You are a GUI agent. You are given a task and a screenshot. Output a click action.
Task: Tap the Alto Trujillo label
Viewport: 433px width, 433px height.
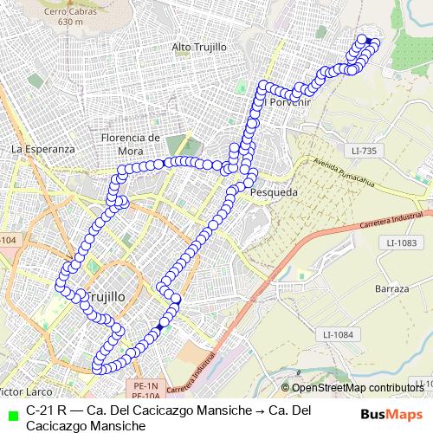[x=199, y=46]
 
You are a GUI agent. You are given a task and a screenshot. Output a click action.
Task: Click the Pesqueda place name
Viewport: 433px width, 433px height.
[x=274, y=193]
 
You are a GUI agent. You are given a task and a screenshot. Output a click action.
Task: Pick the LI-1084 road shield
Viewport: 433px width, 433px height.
[x=338, y=334]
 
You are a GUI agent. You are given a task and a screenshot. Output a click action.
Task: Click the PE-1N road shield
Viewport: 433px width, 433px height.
[x=148, y=385]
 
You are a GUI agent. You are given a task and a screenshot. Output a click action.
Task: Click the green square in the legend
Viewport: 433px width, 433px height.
[x=10, y=414]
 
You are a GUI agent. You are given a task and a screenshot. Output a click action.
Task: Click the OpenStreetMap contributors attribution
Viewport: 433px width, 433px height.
[x=355, y=387]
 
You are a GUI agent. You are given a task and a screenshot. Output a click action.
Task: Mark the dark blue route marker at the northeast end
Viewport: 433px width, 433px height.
[x=367, y=41]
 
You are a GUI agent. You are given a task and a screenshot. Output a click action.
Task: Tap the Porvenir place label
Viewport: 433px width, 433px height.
[x=290, y=102]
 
